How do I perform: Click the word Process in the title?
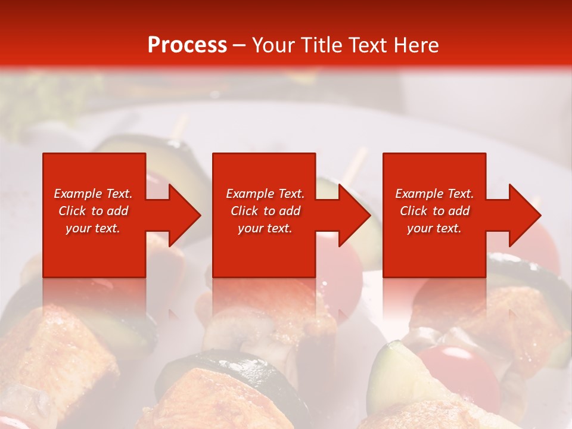(x=187, y=45)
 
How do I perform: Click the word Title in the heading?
(x=320, y=45)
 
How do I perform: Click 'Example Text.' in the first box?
(x=93, y=194)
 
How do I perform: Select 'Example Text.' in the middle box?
(x=265, y=194)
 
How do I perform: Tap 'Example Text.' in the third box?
(x=434, y=194)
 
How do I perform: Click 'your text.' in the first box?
(x=93, y=228)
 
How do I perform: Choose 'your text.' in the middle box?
(x=265, y=228)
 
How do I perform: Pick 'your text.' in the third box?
(x=434, y=228)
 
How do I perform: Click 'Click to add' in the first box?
(x=93, y=211)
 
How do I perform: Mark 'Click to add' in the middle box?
(x=265, y=211)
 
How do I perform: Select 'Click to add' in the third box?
(x=434, y=211)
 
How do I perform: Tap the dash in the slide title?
(x=239, y=45)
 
